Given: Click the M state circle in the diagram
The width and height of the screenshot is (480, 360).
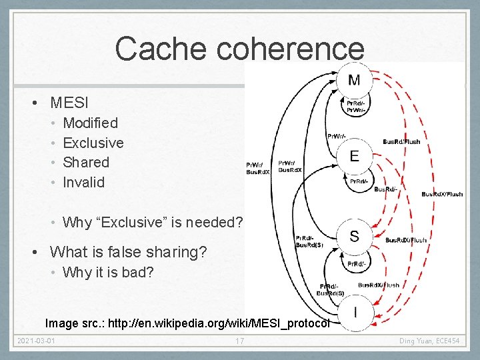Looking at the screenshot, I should pos(354,81).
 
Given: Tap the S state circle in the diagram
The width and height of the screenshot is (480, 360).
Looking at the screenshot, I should pos(354,236).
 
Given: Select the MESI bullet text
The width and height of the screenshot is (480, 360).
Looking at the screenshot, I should pos(69,103).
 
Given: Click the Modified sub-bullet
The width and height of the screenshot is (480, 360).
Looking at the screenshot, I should pos(90,123).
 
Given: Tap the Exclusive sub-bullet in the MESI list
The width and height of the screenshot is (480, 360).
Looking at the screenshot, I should pos(93,143).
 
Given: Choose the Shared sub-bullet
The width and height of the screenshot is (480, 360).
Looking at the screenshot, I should pos(85,162).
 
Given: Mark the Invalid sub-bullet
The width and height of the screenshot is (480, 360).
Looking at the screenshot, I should pos(83,182).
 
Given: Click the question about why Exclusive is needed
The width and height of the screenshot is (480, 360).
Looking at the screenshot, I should pos(153,222).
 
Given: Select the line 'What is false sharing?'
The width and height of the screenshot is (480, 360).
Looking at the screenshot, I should pos(128,252).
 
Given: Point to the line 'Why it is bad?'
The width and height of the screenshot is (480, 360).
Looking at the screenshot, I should pos(107,272).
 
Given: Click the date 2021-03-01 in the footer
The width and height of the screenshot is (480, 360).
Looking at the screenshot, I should pos(37,342).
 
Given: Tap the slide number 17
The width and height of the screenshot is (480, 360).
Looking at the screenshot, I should pos(239,342).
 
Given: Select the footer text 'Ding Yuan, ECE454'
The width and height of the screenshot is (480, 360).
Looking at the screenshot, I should pos(429,342).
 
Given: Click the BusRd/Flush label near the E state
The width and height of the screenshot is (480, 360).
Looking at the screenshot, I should pos(401,141).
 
